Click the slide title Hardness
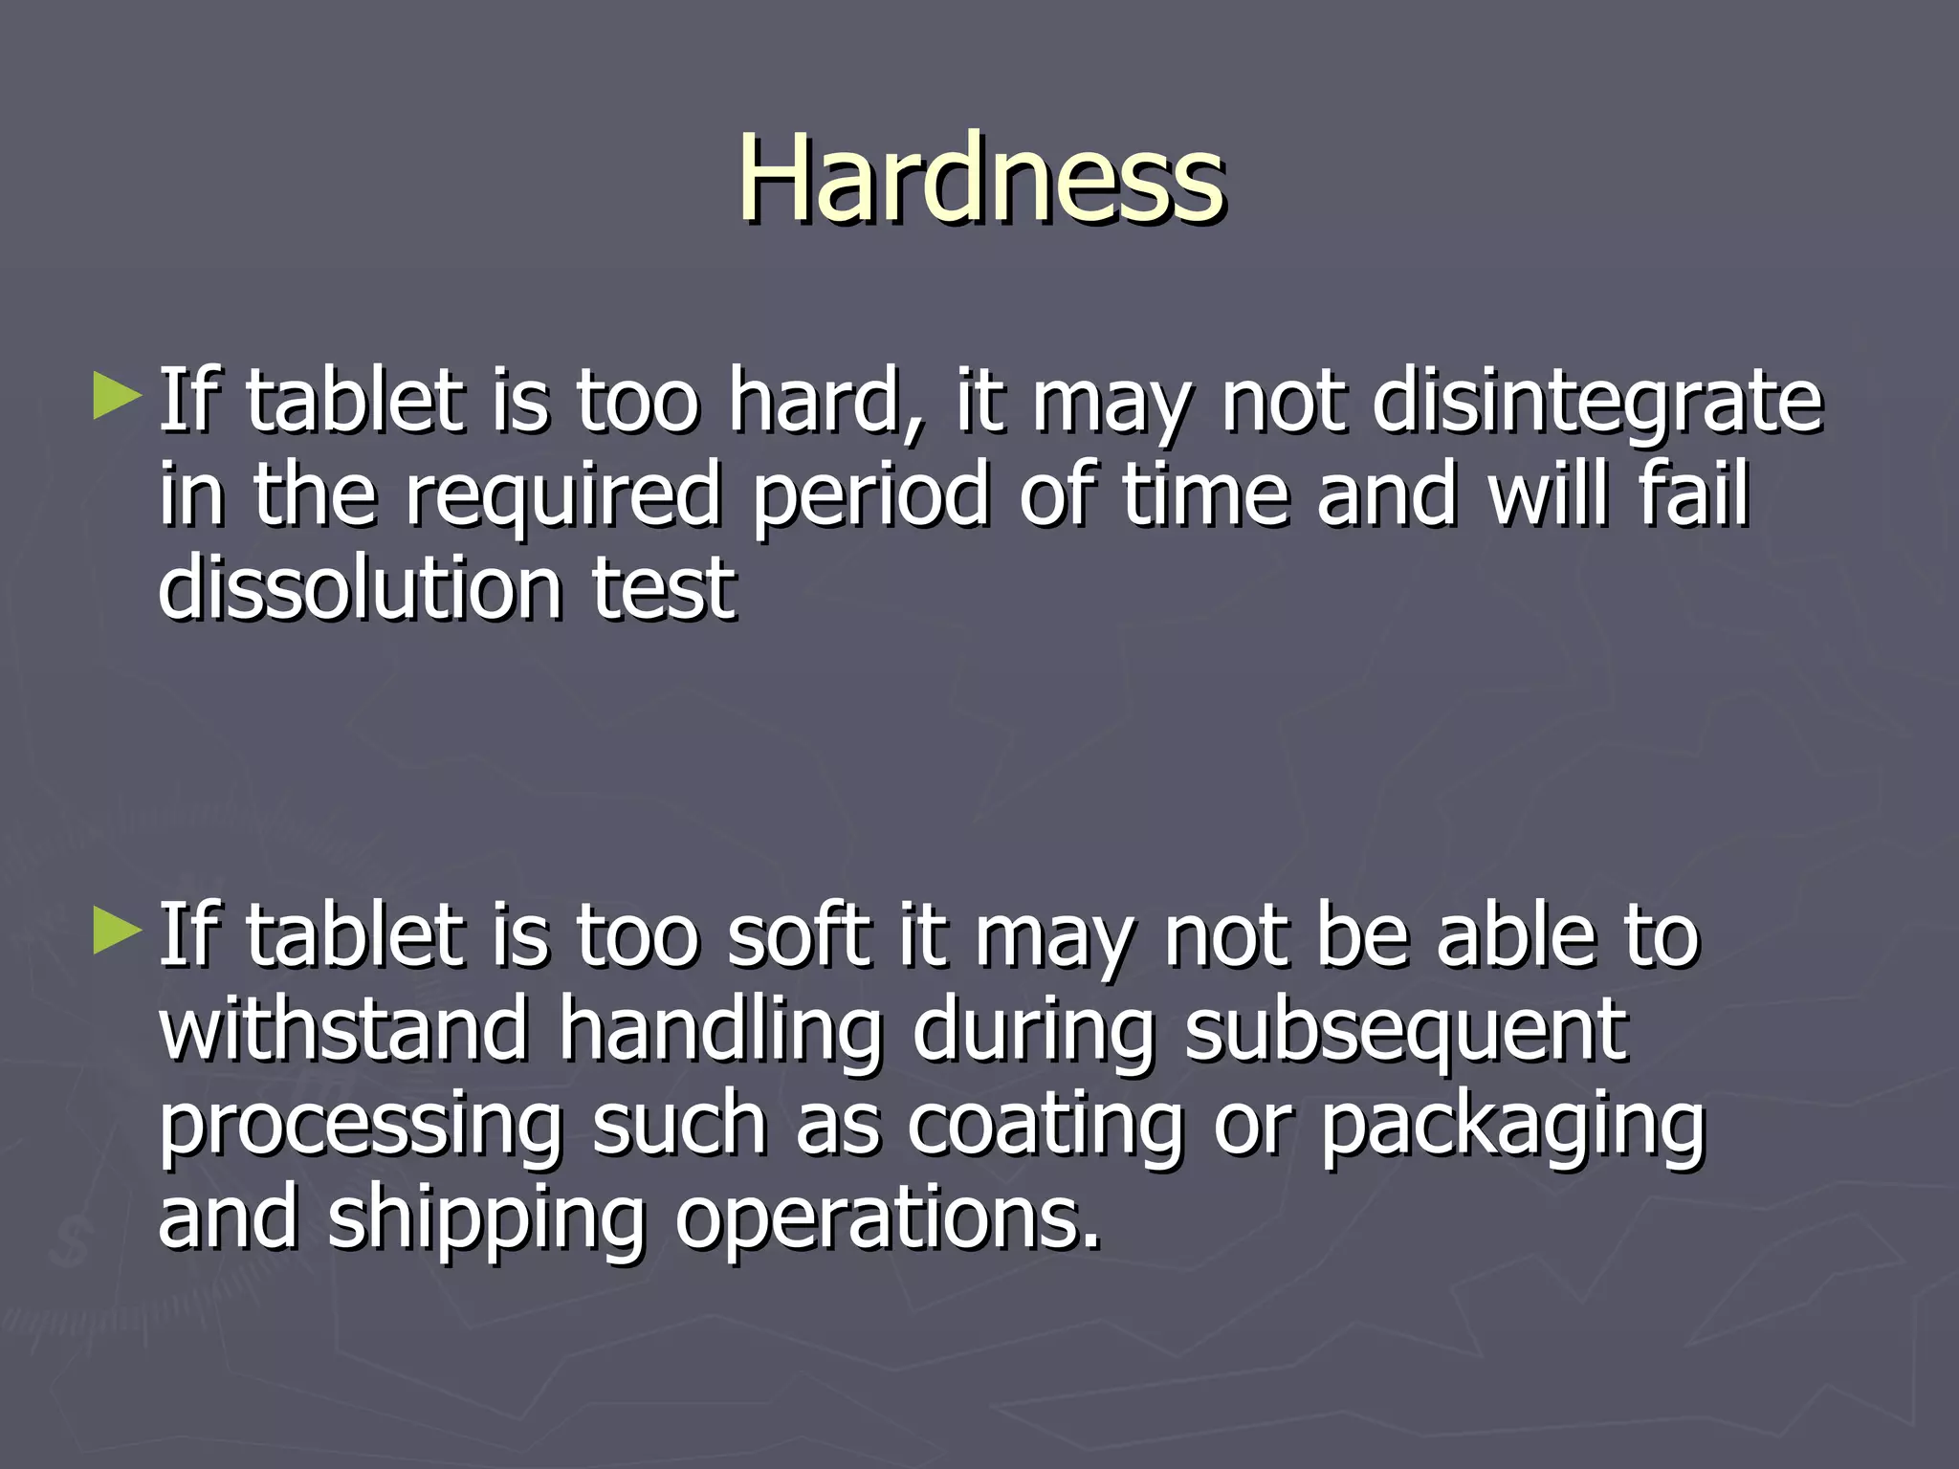click(x=980, y=179)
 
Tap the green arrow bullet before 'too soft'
click(x=118, y=932)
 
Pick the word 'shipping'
click(x=487, y=1222)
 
